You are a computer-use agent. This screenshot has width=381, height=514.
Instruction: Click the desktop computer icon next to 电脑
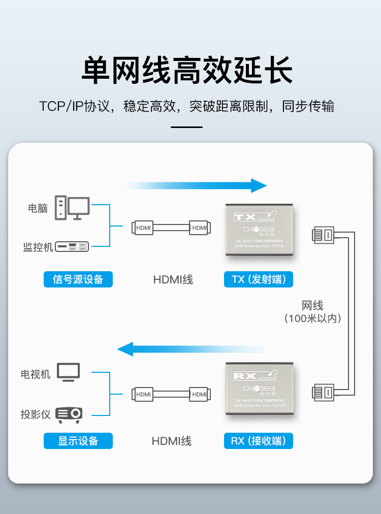click(73, 208)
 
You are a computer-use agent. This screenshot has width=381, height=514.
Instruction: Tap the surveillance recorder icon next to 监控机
click(72, 246)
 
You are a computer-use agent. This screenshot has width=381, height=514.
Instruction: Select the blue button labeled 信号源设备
click(78, 279)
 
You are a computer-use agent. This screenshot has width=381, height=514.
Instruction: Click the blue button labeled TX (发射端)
click(258, 279)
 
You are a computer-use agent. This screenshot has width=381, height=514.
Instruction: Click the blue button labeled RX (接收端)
click(258, 440)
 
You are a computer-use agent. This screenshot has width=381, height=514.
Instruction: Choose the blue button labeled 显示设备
click(78, 440)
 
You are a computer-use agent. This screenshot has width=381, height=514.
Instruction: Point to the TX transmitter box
click(259, 230)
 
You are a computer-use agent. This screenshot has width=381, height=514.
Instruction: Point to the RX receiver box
click(259, 389)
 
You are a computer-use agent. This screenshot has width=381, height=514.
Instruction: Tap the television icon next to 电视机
click(69, 372)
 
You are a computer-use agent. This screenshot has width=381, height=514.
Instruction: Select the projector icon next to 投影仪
click(69, 414)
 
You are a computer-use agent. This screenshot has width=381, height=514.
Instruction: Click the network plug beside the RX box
click(323, 392)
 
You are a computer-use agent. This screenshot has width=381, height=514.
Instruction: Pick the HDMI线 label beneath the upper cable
click(173, 279)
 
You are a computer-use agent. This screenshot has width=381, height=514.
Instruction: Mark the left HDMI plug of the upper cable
click(143, 228)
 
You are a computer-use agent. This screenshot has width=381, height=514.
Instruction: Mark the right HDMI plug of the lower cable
click(199, 394)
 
